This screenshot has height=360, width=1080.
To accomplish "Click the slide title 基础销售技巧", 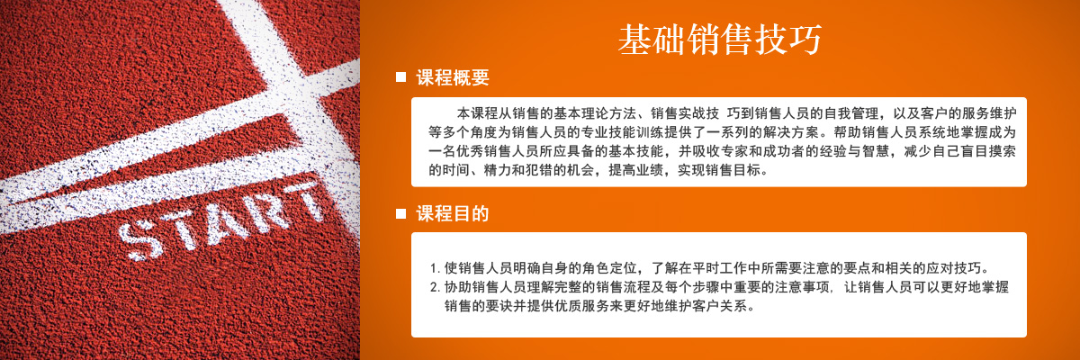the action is coord(720,40).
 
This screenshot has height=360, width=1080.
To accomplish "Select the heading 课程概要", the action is coord(453,77).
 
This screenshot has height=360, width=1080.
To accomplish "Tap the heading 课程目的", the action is coord(453,213).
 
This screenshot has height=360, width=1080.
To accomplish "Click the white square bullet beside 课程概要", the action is coord(400,77).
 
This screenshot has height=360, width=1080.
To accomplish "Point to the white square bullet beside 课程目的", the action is coord(400,213).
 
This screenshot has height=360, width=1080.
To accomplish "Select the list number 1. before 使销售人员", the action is coord(435,268).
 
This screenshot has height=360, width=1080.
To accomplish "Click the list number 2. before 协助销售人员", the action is coord(435,288).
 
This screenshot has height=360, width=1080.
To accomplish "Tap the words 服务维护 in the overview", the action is coord(989,113).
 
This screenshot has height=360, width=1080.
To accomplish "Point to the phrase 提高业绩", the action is coord(636,170).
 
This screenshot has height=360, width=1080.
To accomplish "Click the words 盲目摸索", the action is coord(989,151).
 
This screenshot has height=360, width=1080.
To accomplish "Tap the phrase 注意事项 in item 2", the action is coord(802,287).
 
